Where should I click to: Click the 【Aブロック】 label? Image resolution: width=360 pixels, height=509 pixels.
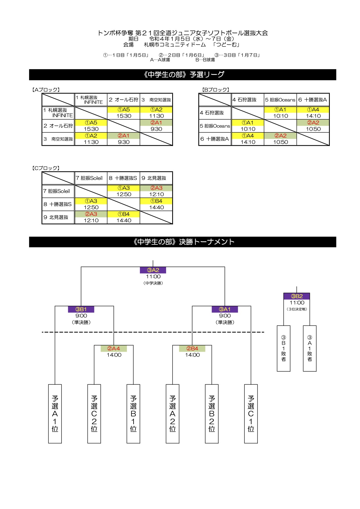click(x=46, y=90)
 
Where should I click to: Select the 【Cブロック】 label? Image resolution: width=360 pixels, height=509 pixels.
click(x=46, y=168)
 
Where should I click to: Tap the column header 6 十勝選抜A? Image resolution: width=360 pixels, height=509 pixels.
click(x=313, y=100)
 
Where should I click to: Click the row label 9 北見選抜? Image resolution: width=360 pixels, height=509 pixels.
click(x=56, y=217)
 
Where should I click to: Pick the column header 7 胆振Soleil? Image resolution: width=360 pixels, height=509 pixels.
click(x=89, y=178)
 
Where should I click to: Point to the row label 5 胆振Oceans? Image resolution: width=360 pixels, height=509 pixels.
click(x=215, y=126)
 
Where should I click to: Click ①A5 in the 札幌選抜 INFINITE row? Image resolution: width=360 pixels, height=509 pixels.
click(x=124, y=110)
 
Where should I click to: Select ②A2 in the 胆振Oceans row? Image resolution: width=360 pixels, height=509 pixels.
click(x=313, y=123)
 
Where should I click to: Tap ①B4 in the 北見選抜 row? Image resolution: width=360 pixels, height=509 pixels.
click(x=124, y=214)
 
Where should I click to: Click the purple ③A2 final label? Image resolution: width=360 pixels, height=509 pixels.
click(x=153, y=270)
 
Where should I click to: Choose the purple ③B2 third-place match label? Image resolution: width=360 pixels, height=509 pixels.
click(x=297, y=296)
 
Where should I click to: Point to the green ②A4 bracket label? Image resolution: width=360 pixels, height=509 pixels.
click(x=114, y=348)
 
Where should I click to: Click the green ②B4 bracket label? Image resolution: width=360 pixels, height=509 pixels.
click(x=192, y=348)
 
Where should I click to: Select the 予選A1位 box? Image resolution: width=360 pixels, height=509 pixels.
click(x=55, y=414)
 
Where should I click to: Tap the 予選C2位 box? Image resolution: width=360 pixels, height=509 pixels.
click(x=94, y=414)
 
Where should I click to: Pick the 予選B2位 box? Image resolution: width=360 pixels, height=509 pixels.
click(x=212, y=414)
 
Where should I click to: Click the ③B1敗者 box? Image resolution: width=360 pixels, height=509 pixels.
click(x=284, y=348)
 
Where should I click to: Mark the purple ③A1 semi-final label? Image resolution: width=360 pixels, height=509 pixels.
click(x=225, y=309)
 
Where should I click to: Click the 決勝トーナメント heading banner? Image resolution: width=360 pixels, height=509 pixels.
click(x=183, y=242)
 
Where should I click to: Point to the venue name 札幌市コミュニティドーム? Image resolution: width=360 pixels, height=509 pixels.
click(x=175, y=45)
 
